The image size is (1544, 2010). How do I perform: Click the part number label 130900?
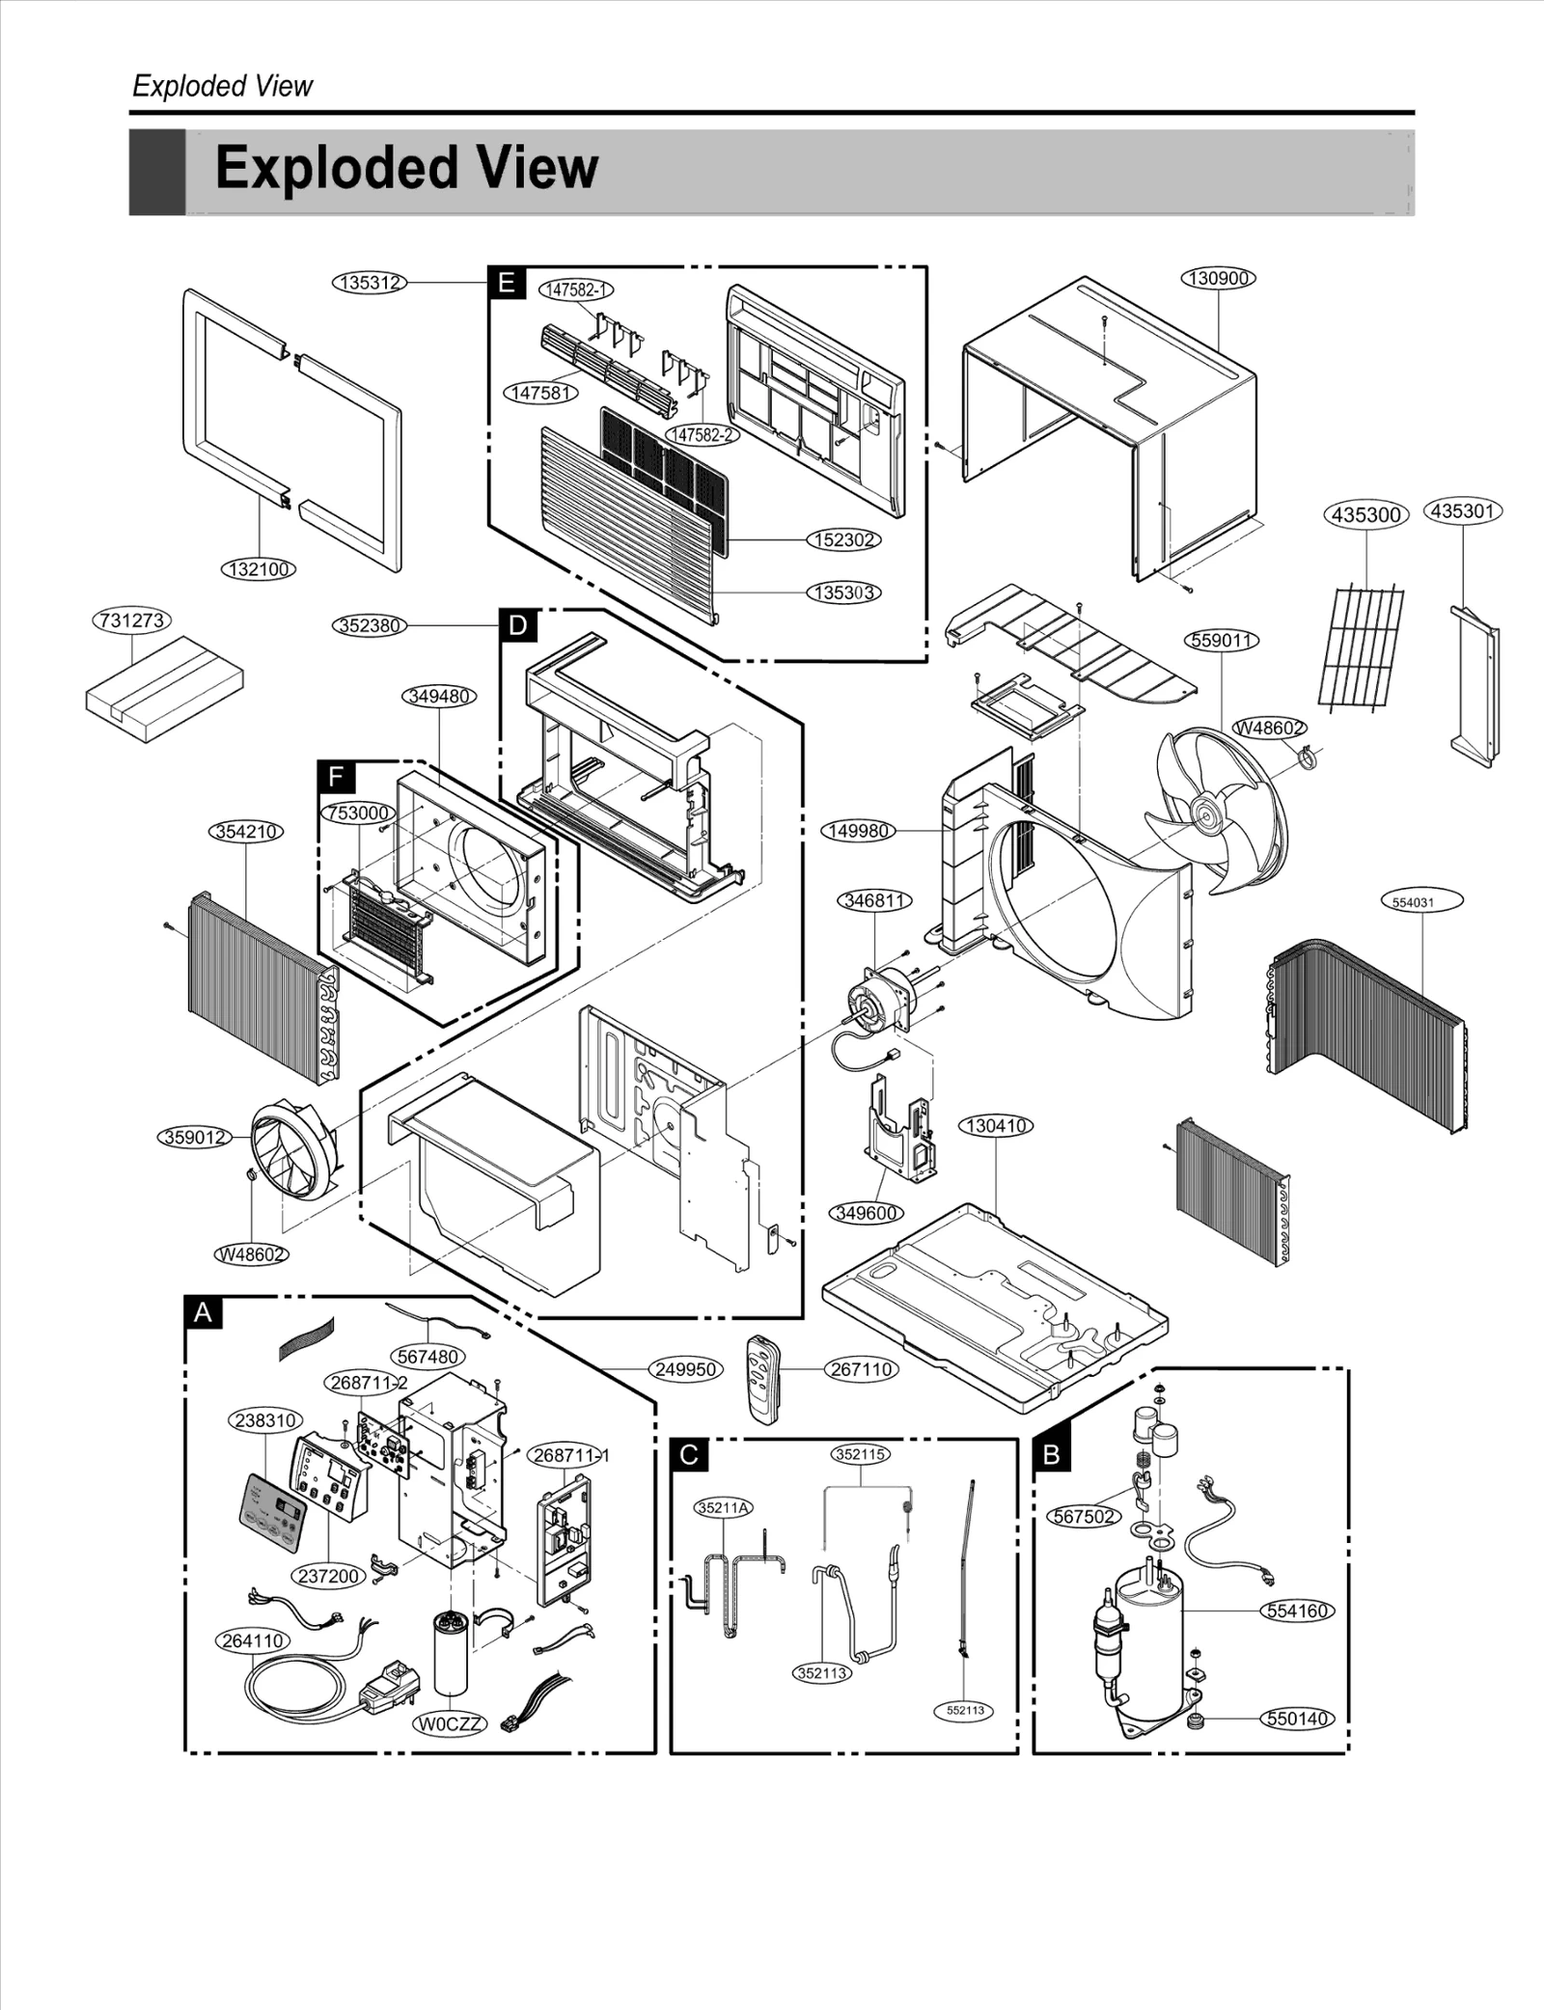tap(1218, 278)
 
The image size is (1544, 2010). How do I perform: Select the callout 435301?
tap(1463, 510)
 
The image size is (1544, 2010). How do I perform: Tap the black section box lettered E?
tap(506, 283)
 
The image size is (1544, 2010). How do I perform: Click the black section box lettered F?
tap(336, 777)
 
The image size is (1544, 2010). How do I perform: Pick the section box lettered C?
tap(688, 1454)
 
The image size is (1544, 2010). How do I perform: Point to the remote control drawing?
tap(761, 1378)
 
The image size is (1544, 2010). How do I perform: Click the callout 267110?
tap(861, 1369)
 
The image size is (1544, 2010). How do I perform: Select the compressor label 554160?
tap(1298, 1611)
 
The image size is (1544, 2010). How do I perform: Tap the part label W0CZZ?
tap(450, 1723)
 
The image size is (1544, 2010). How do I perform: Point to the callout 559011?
tap(1222, 640)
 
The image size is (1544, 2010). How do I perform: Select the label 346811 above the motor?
tap(873, 900)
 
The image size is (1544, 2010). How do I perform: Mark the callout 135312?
tap(370, 283)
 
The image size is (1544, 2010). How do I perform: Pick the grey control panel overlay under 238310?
tap(273, 1515)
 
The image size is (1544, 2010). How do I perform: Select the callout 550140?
tap(1298, 1719)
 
